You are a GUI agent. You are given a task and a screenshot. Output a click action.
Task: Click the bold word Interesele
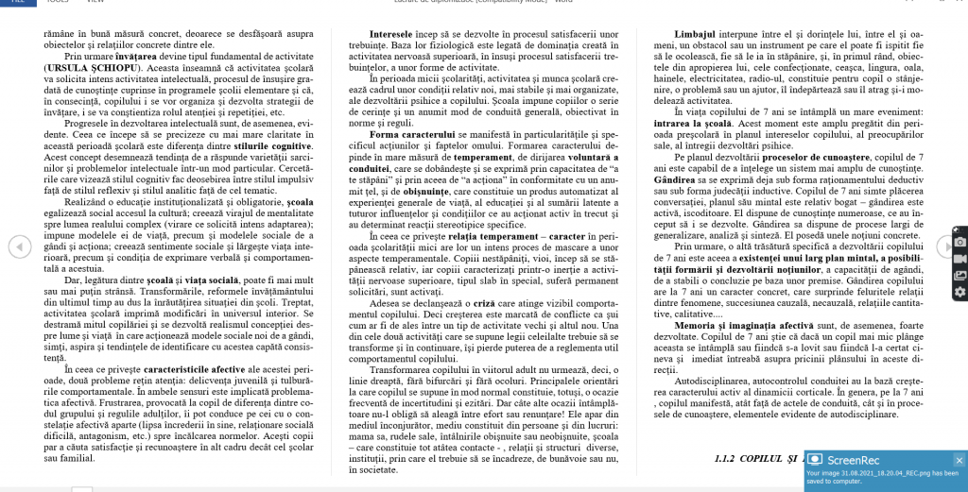pyautogui.click(x=370, y=34)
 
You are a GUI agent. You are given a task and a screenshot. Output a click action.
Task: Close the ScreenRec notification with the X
pyautogui.click(x=959, y=460)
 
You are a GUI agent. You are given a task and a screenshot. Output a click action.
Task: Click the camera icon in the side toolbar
pyautogui.click(x=960, y=242)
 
